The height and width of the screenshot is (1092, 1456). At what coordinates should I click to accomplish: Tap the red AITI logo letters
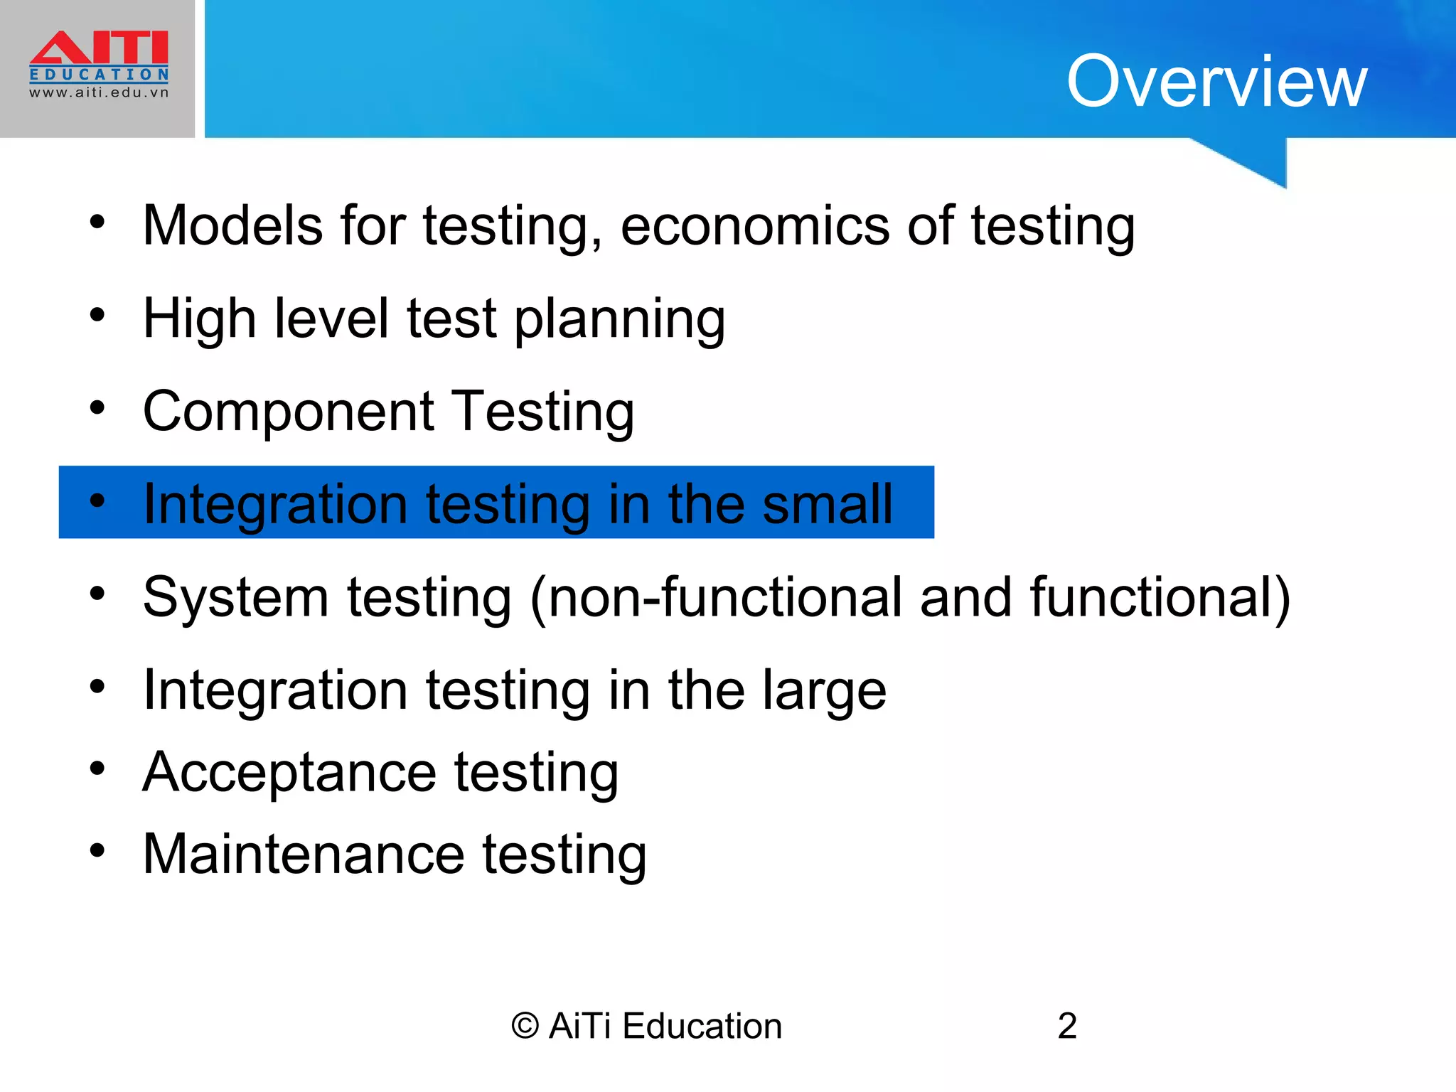point(99,48)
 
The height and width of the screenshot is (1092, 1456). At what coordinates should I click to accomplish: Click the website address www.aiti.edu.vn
point(99,92)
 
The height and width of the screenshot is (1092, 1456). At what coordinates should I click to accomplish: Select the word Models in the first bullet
point(233,225)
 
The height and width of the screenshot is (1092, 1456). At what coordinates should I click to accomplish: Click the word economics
point(755,227)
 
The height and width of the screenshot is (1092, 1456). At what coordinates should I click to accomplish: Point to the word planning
point(619,320)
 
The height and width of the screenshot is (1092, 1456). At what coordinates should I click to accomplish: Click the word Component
point(289,412)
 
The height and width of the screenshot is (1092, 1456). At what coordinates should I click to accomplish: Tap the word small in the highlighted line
point(828,504)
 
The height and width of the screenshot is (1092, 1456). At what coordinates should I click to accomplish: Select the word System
point(235,597)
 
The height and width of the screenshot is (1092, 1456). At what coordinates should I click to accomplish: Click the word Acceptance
point(289,773)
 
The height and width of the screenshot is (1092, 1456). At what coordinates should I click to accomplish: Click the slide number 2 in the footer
point(1067,1026)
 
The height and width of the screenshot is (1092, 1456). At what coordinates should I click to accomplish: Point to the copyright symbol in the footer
point(525,1027)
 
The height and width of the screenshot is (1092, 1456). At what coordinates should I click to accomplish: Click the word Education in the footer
point(702,1026)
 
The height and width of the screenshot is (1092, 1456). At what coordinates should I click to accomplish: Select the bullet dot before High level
point(97,314)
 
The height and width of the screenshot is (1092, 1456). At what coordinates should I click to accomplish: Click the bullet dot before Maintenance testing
point(97,850)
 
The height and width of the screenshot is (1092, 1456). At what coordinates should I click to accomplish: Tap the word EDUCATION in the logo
point(99,75)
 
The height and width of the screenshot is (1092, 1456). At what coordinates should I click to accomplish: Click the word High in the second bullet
point(199,318)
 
